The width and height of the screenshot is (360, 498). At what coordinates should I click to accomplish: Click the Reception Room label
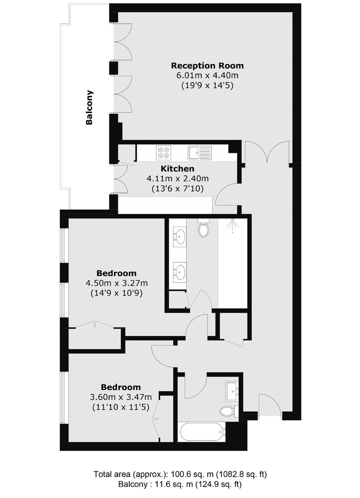tap(207, 66)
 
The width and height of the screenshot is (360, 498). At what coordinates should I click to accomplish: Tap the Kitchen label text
tap(177, 169)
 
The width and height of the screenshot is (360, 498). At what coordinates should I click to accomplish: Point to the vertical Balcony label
tap(89, 107)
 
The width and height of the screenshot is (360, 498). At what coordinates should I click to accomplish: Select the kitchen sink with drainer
tap(200, 153)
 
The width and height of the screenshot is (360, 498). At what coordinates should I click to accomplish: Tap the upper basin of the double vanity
tap(180, 236)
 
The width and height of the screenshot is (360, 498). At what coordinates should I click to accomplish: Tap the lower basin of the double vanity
tap(180, 271)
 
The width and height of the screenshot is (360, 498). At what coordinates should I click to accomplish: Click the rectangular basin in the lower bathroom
tap(232, 391)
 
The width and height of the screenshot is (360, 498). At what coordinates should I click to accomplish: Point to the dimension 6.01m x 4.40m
tap(207, 75)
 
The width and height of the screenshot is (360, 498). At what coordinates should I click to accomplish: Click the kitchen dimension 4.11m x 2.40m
tap(178, 178)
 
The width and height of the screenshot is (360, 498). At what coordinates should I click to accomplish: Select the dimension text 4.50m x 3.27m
tap(116, 283)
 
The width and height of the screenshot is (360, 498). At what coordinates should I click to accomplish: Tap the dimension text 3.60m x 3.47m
tap(121, 397)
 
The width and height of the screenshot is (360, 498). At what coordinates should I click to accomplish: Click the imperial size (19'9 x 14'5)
tap(207, 86)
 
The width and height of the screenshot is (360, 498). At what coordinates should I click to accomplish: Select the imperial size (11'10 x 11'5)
tap(121, 407)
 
